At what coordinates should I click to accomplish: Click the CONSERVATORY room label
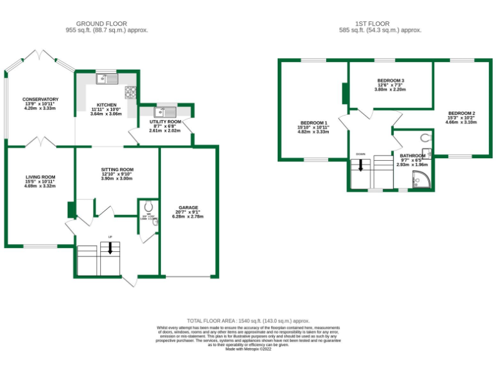(x=41, y=99)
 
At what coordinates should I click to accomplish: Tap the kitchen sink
(x=107, y=79)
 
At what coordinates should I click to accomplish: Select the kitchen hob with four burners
(x=131, y=92)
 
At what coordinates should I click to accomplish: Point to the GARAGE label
(x=189, y=207)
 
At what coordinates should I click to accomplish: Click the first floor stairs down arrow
(x=360, y=165)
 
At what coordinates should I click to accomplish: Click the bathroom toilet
(x=424, y=138)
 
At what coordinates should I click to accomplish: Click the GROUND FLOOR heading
(x=107, y=23)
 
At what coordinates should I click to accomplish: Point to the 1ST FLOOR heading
(x=381, y=23)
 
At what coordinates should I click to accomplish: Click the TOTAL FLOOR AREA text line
(x=248, y=321)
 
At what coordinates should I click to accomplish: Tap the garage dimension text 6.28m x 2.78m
(x=189, y=217)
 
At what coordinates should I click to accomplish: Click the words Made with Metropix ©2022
(x=248, y=349)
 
